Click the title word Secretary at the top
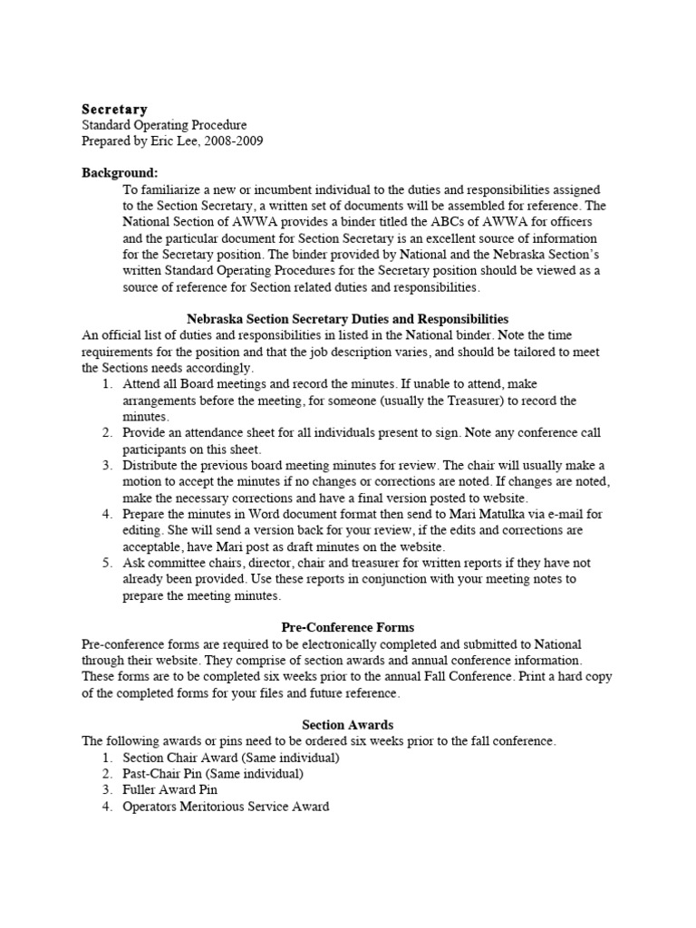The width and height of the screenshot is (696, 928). (115, 110)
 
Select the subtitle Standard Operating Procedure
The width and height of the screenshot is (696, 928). (164, 125)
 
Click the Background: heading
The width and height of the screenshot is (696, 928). (120, 172)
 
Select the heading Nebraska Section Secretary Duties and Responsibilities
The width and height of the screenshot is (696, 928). (347, 319)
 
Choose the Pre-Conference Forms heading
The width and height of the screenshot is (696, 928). (347, 627)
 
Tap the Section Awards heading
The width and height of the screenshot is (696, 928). (347, 725)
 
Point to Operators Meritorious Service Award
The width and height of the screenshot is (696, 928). (226, 807)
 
